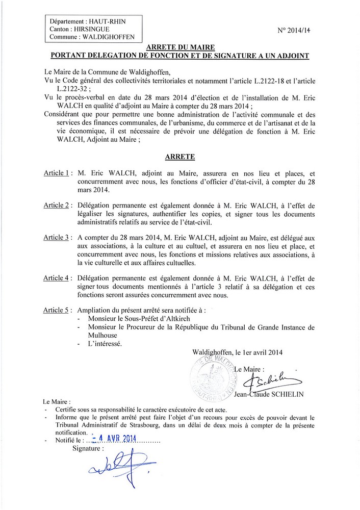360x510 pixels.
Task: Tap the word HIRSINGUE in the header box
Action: (x=98, y=30)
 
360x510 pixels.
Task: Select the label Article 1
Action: (x=59, y=174)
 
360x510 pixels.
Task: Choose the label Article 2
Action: (x=59, y=206)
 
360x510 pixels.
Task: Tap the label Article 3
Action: (x=59, y=238)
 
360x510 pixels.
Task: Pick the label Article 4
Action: (x=59, y=277)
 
